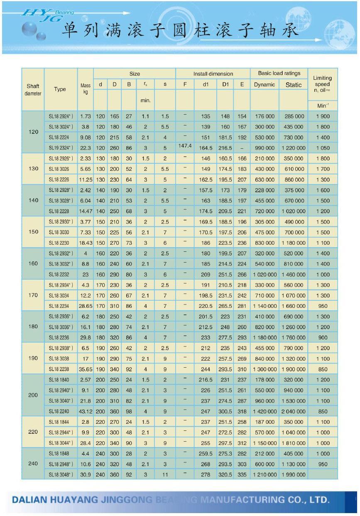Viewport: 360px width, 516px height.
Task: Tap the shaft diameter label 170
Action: (33, 295)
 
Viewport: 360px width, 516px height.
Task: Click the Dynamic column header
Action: (264, 85)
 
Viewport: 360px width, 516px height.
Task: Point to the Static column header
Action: (294, 85)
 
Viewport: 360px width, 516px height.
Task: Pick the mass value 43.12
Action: (86, 411)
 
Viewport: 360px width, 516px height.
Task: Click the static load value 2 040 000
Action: (293, 411)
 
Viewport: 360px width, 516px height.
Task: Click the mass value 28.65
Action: (86, 306)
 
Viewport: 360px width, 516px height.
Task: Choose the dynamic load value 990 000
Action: (264, 148)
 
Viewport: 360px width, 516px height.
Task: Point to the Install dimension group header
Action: (213, 74)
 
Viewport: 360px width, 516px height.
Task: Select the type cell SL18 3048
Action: (61, 474)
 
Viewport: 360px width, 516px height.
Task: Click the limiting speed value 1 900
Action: (323, 116)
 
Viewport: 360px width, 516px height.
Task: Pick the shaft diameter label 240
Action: (33, 464)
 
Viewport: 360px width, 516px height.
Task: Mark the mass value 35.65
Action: (86, 369)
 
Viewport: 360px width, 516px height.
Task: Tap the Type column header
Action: (60, 89)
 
